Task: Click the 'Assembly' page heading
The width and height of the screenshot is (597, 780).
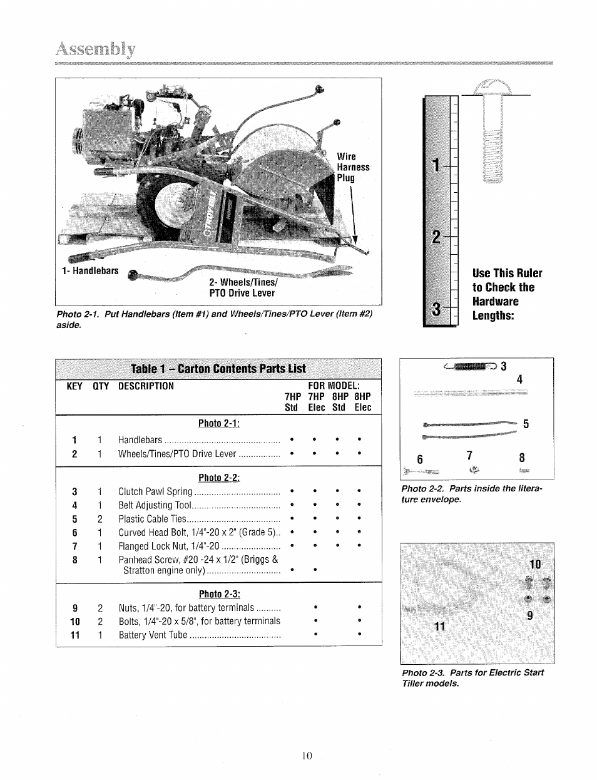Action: [96, 49]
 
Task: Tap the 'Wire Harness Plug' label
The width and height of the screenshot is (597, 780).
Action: [353, 167]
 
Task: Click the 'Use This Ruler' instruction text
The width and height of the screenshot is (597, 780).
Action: [507, 273]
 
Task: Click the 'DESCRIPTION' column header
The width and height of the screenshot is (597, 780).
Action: [146, 386]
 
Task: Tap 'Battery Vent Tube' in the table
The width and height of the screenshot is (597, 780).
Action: [153, 635]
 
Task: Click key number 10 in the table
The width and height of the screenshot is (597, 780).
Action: [74, 621]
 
